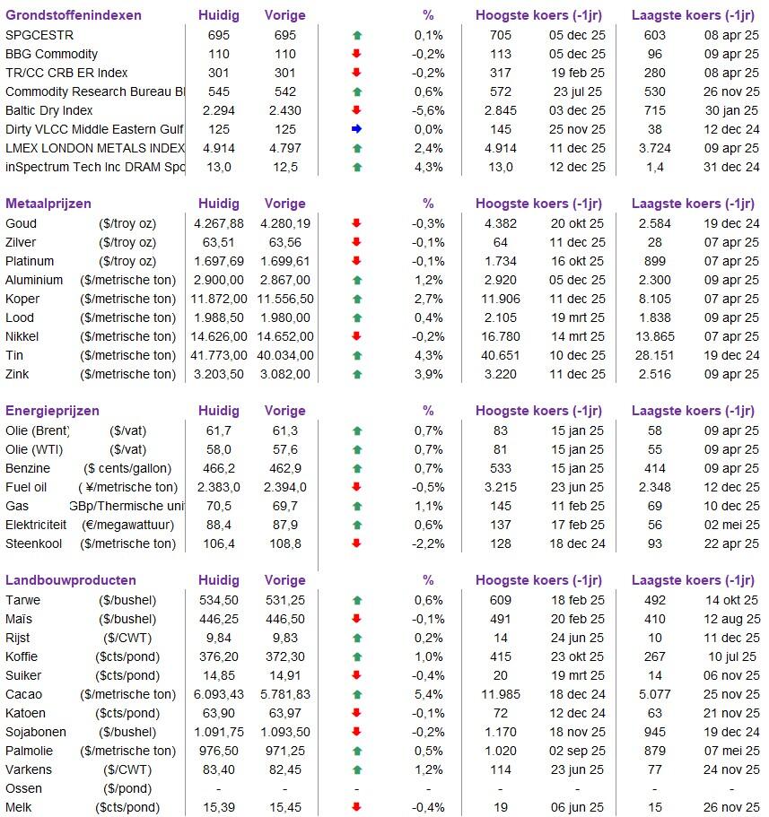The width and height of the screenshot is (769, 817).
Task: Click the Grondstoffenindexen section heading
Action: coord(73,15)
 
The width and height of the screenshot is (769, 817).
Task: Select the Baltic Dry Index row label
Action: coord(48,110)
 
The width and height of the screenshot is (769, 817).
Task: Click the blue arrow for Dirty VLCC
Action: coord(356,129)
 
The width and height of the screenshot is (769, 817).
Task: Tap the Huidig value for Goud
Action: coord(218,223)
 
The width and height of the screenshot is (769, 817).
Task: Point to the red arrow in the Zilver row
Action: coord(356,242)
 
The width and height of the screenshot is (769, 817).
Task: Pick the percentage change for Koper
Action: coord(428,299)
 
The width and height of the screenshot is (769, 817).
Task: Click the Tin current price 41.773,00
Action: coord(218,355)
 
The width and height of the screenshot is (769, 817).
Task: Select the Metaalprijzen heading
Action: coord(48,204)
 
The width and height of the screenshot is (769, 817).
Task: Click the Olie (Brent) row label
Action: coord(38,430)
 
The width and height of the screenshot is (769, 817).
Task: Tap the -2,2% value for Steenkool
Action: coord(428,543)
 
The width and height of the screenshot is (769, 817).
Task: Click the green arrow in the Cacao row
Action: coord(356,694)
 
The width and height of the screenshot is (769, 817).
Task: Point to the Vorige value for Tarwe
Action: coord(285,600)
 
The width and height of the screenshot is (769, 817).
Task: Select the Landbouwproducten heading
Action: coord(71,580)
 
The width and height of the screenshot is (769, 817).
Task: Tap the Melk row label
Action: coord(22,807)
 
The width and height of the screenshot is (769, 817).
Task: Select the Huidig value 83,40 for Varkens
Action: coord(218,769)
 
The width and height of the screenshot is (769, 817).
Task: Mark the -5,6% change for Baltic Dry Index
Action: coord(428,110)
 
